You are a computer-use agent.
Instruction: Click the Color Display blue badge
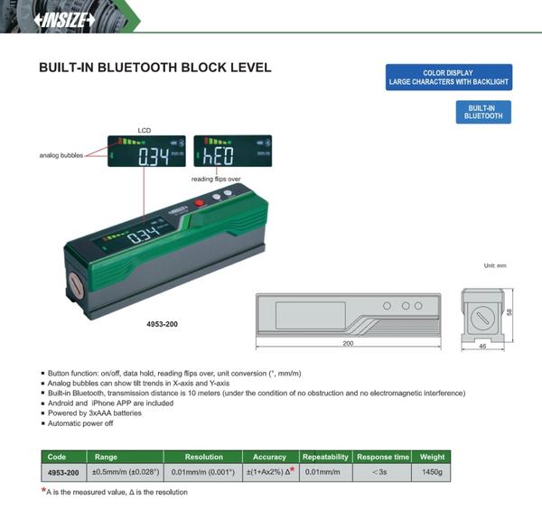coord(448,78)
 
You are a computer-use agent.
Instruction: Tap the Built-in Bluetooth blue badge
coord(483,112)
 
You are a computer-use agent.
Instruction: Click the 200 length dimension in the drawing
coord(347,344)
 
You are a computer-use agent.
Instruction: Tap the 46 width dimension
coord(483,346)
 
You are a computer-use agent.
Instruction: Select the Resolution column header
coord(203,458)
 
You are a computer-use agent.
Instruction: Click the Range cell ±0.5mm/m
coord(124,472)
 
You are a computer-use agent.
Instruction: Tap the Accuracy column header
coord(269,458)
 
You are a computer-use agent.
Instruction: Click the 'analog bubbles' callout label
coord(61,155)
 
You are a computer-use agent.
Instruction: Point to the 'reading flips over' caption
coord(217,179)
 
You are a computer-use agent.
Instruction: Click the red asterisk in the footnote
coord(44,490)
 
